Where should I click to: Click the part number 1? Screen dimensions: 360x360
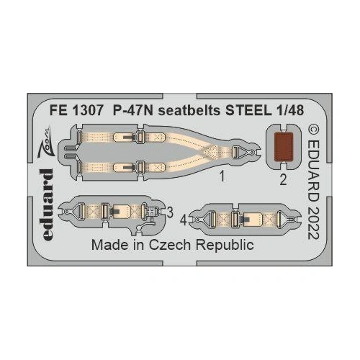(223, 174)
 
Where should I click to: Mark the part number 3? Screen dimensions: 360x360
(168, 212)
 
